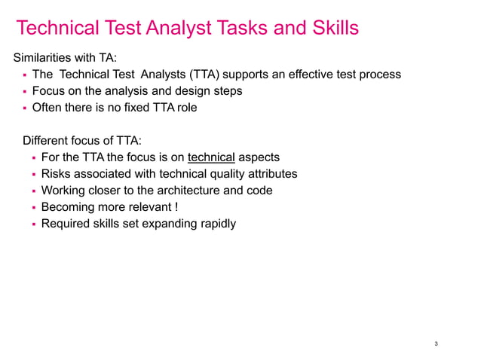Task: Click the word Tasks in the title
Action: pyautogui.click(x=246, y=29)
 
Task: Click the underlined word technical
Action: pyautogui.click(x=212, y=157)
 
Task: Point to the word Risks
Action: pyautogui.click(x=57, y=174)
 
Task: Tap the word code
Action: pyautogui.click(x=259, y=191)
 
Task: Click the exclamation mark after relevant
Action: pyautogui.click(x=176, y=207)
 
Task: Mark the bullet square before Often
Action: pyautogui.click(x=25, y=108)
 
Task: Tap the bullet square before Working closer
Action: pyautogui.click(x=34, y=191)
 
